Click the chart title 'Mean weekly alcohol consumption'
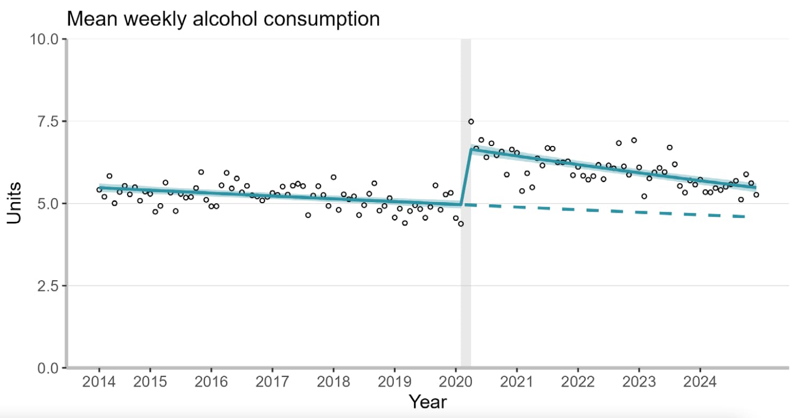(x=223, y=19)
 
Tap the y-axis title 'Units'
(x=15, y=203)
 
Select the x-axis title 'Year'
(x=427, y=401)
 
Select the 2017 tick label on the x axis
(x=272, y=383)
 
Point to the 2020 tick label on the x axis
(x=455, y=383)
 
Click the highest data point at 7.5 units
(x=471, y=121)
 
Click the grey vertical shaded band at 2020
(x=466, y=267)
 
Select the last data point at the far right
(x=756, y=195)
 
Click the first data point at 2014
(x=99, y=190)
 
